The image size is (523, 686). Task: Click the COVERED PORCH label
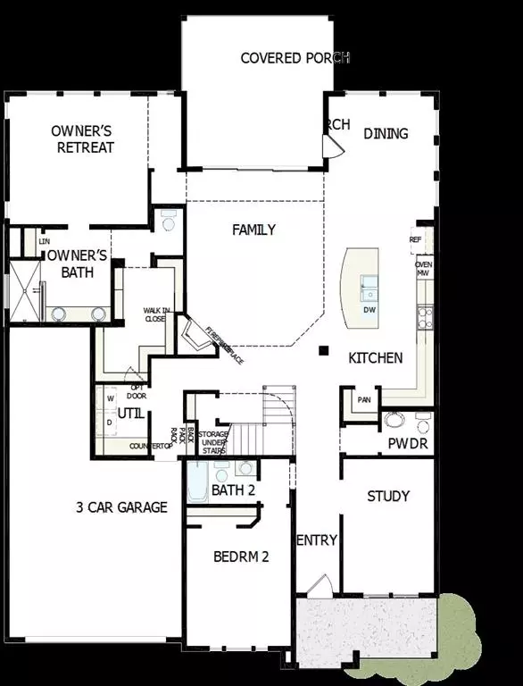(295, 58)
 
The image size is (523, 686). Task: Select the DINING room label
(386, 134)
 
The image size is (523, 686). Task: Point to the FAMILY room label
(253, 230)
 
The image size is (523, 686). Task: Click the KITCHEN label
(375, 357)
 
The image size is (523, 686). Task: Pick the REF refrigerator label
(416, 240)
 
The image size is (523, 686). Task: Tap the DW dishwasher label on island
(369, 310)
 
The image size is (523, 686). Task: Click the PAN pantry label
(364, 399)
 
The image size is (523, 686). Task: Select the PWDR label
(408, 443)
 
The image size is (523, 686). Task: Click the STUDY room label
(388, 496)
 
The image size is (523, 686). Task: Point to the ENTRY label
(316, 540)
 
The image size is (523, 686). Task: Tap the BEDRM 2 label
(241, 556)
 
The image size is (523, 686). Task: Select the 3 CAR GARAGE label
(121, 507)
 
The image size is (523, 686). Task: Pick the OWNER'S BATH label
(78, 264)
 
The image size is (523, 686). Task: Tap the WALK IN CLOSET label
(154, 314)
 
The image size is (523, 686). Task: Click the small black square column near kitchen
(325, 350)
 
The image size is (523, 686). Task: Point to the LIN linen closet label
(44, 241)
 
